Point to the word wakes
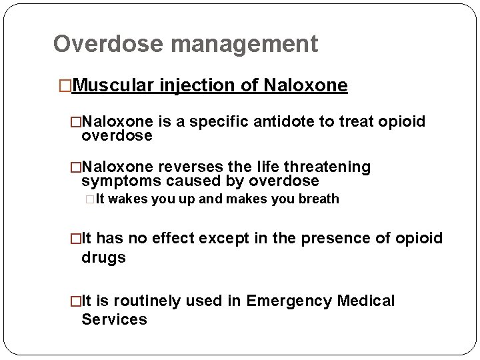pos(127,199)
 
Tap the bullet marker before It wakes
pos(91,199)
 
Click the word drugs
pos(103,257)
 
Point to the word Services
pos(114,319)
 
